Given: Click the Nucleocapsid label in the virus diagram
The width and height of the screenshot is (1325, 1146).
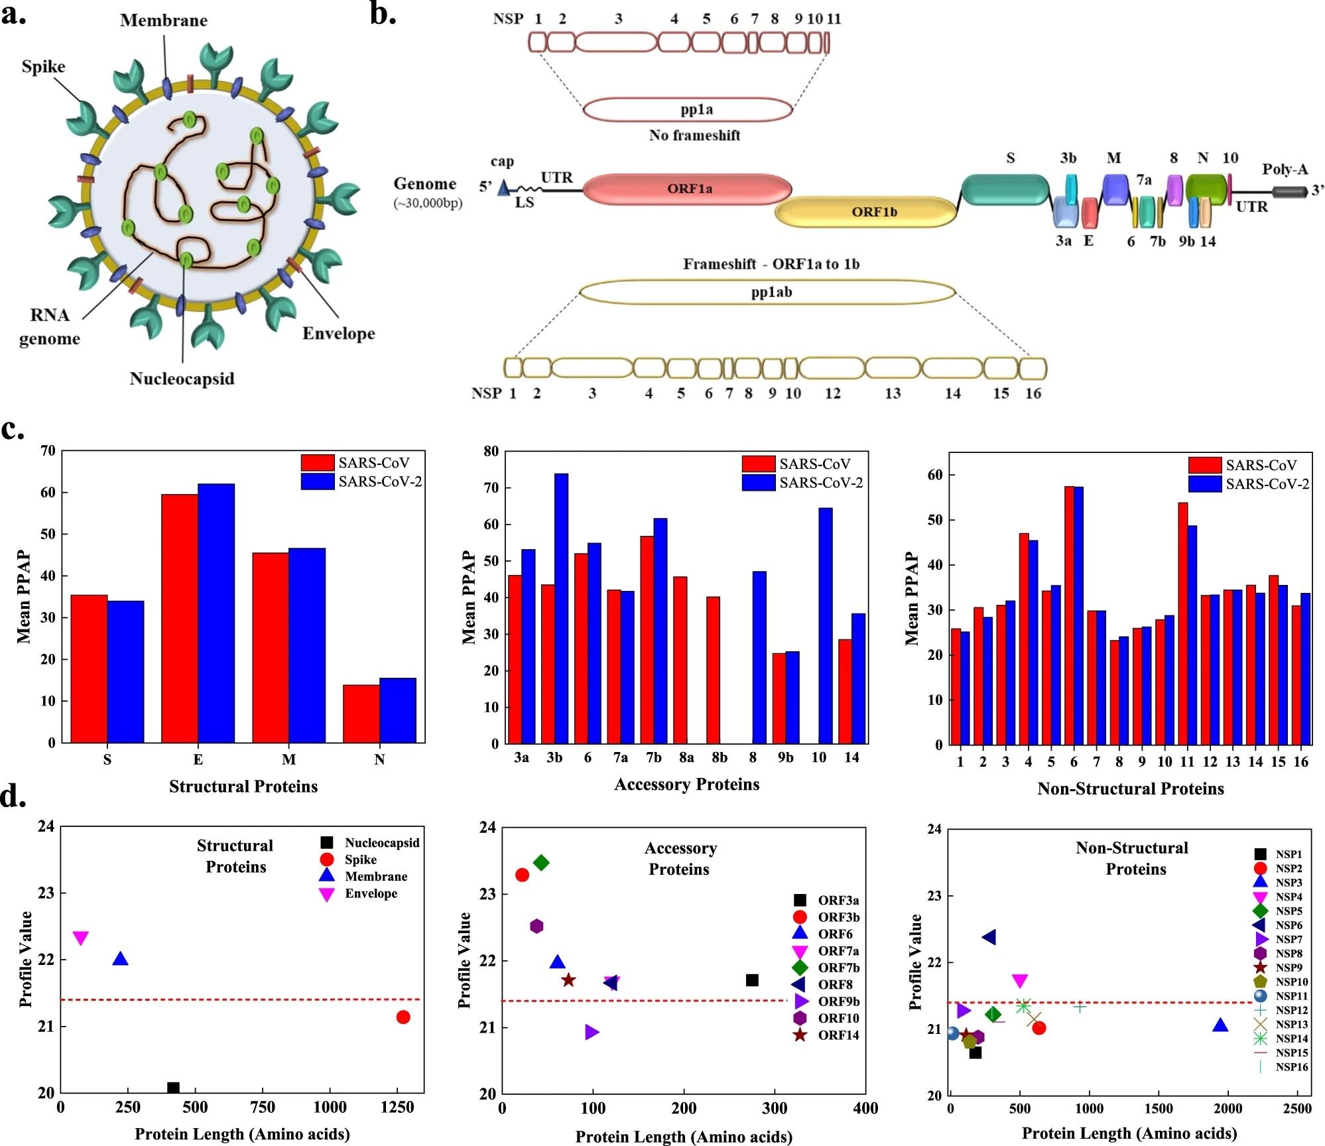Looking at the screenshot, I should [x=182, y=379].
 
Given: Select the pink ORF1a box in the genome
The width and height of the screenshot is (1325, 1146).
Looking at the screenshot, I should [x=688, y=189].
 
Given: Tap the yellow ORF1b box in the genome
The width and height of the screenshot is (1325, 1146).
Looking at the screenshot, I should [x=866, y=212].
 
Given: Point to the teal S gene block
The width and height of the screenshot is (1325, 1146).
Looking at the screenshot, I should [x=1005, y=190].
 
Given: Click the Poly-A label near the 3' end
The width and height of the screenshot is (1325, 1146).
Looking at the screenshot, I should [x=1285, y=169].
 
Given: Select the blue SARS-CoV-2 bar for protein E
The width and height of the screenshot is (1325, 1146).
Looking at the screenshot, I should [x=216, y=613].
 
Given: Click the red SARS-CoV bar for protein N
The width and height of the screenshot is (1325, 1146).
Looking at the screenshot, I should [x=361, y=714].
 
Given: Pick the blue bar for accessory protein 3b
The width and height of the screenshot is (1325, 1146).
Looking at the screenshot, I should [x=561, y=608].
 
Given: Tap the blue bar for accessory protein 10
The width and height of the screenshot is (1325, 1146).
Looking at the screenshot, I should [x=825, y=625].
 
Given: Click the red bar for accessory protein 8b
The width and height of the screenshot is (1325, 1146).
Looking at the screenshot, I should [x=713, y=670].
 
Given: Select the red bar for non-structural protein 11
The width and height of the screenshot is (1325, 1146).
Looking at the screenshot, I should [x=1182, y=623].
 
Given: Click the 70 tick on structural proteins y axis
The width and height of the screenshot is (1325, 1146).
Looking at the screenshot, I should [x=48, y=451].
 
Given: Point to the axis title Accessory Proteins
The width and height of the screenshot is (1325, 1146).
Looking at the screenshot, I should [x=686, y=785].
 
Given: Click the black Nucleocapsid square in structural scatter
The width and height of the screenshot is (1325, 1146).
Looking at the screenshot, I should [x=173, y=1088].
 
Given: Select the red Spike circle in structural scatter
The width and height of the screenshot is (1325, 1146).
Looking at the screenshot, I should [x=403, y=1017].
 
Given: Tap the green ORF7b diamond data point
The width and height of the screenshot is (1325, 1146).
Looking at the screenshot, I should [x=541, y=863].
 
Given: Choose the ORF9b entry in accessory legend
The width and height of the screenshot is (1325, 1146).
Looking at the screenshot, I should [x=838, y=1001].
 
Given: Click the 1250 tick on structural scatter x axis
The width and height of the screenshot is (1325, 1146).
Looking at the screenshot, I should [x=397, y=1108].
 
